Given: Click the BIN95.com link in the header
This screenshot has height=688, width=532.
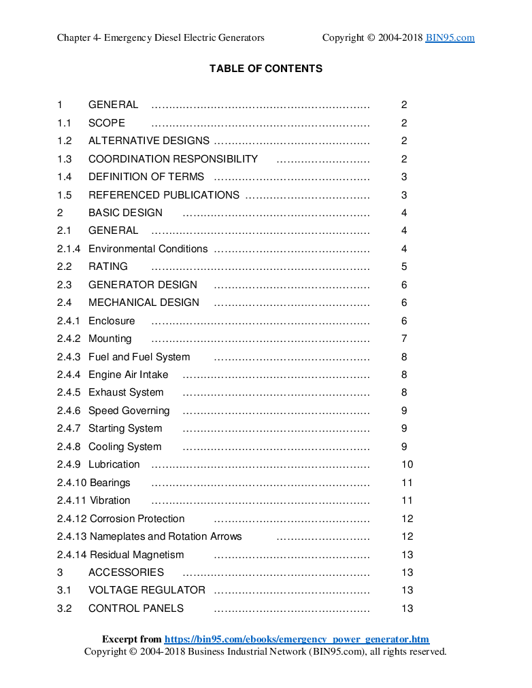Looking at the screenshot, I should pyautogui.click(x=450, y=38).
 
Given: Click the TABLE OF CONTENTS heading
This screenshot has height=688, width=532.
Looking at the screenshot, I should pyautogui.click(x=265, y=69).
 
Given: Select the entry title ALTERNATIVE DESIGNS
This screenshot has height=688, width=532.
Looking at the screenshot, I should pyautogui.click(x=148, y=141).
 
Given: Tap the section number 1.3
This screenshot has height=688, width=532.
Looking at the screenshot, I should pyautogui.click(x=65, y=159).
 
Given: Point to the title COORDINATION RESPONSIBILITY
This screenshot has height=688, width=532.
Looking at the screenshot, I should pyautogui.click(x=173, y=159).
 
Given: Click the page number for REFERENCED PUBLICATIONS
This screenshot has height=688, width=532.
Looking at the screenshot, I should pyautogui.click(x=404, y=195).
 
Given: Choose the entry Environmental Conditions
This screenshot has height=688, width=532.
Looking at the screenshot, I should pyautogui.click(x=148, y=249).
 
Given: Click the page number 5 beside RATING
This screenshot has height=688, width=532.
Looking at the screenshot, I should pyautogui.click(x=404, y=266).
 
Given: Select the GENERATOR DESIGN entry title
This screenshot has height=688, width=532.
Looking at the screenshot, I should pyautogui.click(x=142, y=285).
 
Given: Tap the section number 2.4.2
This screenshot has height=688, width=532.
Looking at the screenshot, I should pyautogui.click(x=68, y=339).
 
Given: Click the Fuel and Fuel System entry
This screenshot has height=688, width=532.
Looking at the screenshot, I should pyautogui.click(x=139, y=357).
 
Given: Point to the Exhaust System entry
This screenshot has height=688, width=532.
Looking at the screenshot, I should pyautogui.click(x=126, y=392).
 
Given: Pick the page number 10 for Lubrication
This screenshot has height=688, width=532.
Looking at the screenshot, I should pyautogui.click(x=407, y=464).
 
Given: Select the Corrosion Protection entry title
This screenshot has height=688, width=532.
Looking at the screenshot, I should pyautogui.click(x=137, y=519).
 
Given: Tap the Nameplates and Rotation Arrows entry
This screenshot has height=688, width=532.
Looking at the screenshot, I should pyautogui.click(x=165, y=536).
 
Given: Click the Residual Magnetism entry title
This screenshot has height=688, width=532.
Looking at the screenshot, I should pyautogui.click(x=137, y=555).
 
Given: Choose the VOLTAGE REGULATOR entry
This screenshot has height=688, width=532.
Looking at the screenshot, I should pyautogui.click(x=146, y=590).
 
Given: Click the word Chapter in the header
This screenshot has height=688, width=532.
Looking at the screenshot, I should pyautogui.click(x=73, y=38).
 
